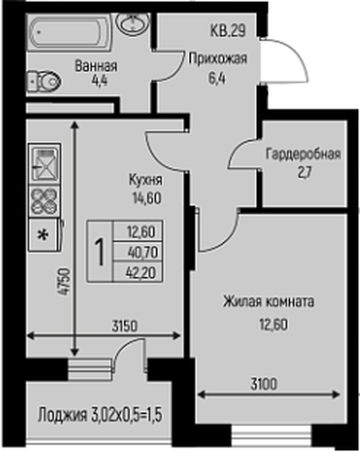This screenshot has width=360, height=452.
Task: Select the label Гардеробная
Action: pos(303,154)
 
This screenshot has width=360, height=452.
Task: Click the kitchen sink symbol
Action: pos(43,162)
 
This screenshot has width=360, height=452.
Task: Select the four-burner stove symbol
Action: pos(43,198)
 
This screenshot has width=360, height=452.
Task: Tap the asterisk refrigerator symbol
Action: pos(42,232)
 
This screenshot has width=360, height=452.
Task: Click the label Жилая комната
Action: pos(270,302)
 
